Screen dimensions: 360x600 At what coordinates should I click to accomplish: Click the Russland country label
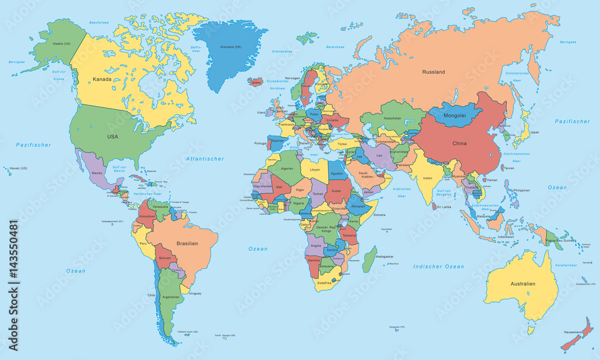point(433,72)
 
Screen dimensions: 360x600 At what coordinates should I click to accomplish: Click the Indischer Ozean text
point(438,266)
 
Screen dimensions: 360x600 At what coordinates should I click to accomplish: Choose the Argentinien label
point(171,297)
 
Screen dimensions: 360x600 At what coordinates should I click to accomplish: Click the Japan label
point(534,132)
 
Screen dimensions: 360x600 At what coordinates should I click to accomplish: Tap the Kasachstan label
point(392,118)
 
